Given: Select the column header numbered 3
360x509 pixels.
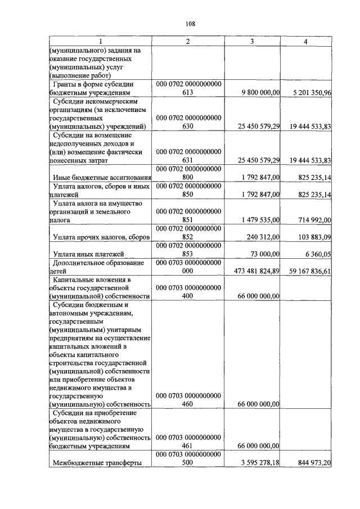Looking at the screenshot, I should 252,42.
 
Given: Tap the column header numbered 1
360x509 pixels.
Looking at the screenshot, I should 100,42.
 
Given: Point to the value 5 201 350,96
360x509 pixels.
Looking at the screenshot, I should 309,93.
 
